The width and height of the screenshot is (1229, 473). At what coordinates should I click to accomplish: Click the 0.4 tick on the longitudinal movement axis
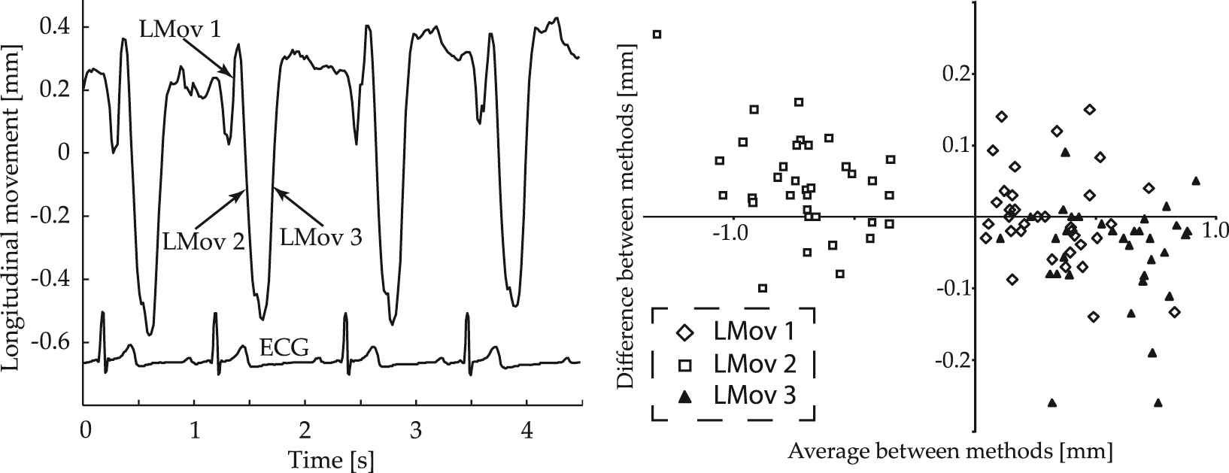tap(56, 27)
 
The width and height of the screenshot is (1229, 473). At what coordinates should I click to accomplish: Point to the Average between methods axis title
tap(950, 452)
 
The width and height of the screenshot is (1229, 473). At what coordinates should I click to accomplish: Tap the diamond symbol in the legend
tap(684, 332)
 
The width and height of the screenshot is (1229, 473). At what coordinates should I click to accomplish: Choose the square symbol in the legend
tap(684, 365)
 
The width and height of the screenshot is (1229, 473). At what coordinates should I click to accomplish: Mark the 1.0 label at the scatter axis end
tap(1213, 230)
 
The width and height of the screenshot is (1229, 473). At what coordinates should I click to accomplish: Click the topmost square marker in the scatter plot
tap(657, 34)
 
